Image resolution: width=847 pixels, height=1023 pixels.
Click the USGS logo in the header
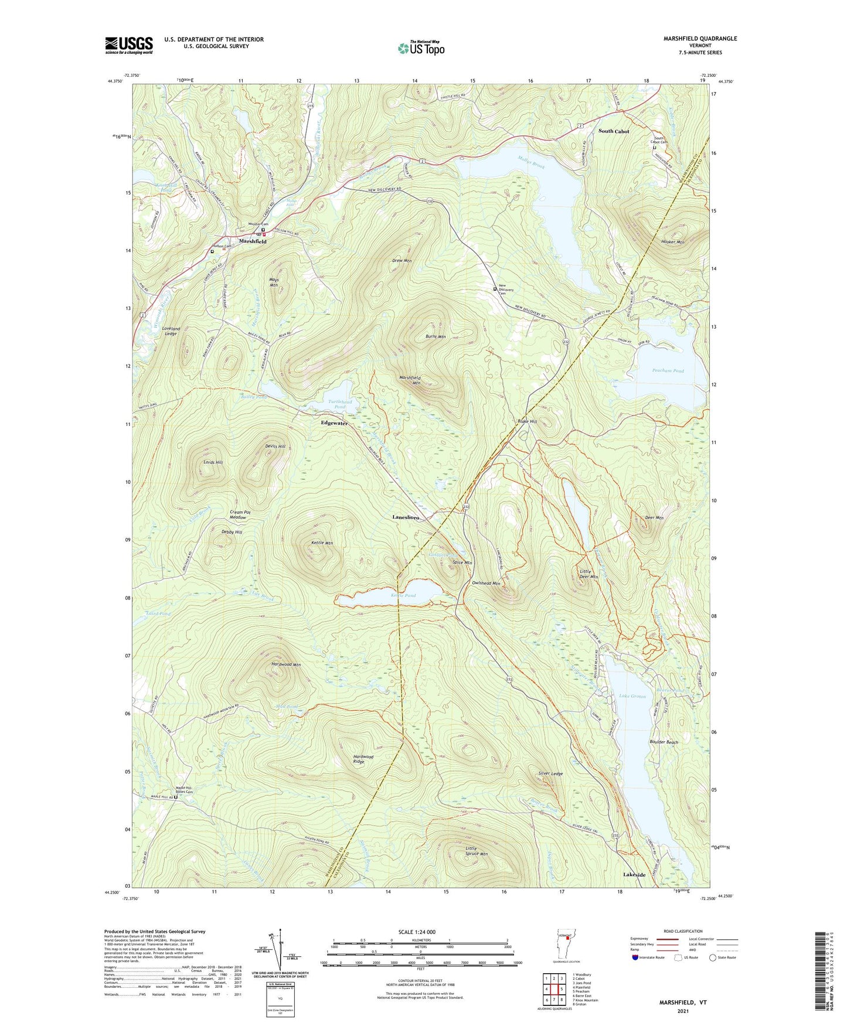(x=129, y=45)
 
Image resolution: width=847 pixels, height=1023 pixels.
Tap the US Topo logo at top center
(x=420, y=48)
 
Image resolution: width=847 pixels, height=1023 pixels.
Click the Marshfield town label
(x=253, y=241)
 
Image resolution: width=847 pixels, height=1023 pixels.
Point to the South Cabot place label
(x=614, y=131)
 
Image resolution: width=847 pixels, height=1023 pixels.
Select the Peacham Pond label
(x=668, y=371)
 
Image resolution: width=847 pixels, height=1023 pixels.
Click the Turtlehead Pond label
(x=340, y=404)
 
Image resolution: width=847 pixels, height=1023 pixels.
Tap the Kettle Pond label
(x=403, y=595)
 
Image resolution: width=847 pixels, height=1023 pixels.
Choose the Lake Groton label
(x=632, y=696)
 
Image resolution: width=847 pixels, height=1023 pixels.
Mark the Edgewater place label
(x=334, y=423)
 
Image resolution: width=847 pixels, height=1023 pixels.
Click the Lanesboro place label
(x=406, y=518)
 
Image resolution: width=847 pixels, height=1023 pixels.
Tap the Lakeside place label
(x=634, y=875)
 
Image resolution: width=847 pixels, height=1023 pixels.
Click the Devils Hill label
(x=275, y=446)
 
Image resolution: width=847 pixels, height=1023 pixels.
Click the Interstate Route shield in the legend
(x=637, y=957)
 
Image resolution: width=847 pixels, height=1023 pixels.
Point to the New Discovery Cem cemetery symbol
(x=495, y=289)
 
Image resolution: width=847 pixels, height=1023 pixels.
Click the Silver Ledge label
(x=550, y=774)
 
